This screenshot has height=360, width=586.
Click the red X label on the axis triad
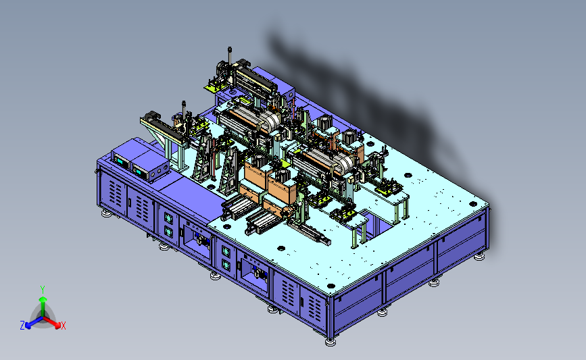(x=63, y=326)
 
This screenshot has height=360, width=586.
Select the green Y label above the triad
(x=43, y=290)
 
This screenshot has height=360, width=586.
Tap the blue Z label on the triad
(x=22, y=326)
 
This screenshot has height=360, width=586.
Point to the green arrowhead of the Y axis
(x=43, y=299)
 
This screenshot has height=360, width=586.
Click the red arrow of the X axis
(x=52, y=323)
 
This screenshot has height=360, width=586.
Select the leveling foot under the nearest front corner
(x=330, y=342)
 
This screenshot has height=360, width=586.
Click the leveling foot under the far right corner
(x=479, y=257)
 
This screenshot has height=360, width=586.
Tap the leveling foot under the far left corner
(x=106, y=213)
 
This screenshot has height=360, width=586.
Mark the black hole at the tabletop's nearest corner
(x=331, y=286)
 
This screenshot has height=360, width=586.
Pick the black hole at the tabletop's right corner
(x=472, y=204)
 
